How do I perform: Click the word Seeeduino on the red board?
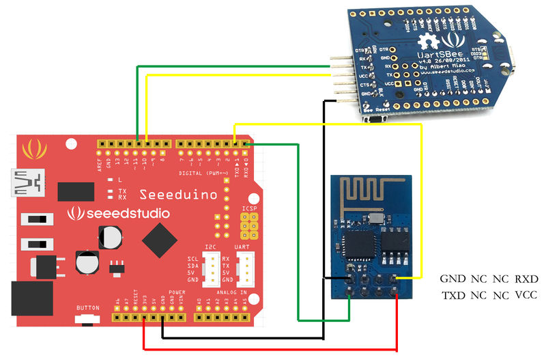[x=178, y=195]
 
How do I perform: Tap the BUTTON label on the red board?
[x=88, y=307]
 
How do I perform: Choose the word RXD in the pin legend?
[x=526, y=279]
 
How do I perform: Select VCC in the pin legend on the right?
[x=526, y=296]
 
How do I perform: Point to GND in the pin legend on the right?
[x=452, y=279]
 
